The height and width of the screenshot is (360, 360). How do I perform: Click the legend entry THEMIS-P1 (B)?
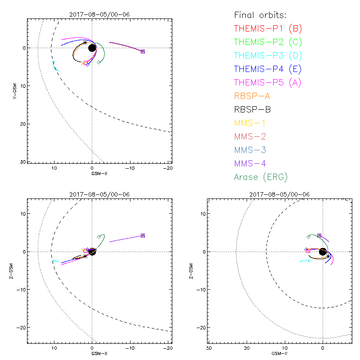pos(268,29)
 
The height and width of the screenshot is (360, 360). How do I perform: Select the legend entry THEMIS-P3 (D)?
pos(268,56)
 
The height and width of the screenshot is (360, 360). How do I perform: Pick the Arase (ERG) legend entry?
pos(261,177)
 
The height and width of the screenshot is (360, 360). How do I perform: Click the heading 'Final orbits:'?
pos(261,15)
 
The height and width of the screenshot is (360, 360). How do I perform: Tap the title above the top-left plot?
pos(99,14)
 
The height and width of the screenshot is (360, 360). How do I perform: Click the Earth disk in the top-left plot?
pos(92,48)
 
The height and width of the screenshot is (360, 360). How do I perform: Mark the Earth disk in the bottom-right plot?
pos(323,252)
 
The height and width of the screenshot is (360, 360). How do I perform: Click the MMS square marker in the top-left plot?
pos(143,52)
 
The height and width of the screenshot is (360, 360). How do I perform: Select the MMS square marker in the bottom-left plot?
pos(143,235)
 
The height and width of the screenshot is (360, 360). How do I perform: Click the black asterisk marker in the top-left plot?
pos(85,43)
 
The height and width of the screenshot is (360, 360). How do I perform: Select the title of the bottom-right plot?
pos(279,194)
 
